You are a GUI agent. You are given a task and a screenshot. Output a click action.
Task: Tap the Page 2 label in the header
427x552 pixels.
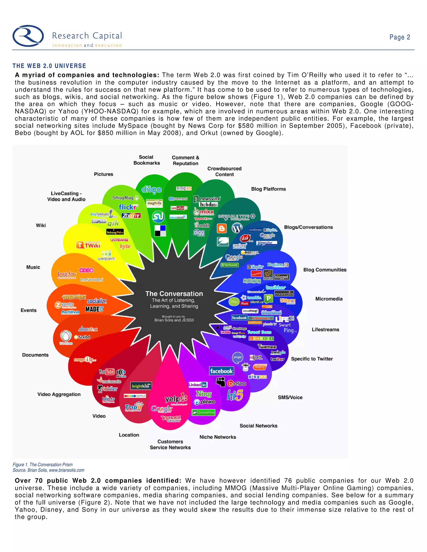coord(399,37)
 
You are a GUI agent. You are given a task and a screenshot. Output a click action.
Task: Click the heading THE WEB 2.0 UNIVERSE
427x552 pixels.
coord(49,66)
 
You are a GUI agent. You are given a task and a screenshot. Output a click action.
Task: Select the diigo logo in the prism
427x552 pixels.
coord(151,189)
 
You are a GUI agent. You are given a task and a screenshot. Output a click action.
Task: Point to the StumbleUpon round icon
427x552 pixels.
coord(158,217)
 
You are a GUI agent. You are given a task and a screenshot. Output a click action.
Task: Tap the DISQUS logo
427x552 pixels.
coord(184,188)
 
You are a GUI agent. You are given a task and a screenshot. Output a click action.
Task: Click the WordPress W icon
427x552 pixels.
coord(237,228)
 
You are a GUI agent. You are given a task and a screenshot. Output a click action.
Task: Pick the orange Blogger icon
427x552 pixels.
coord(222,228)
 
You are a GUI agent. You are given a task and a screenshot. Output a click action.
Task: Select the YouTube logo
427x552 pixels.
coord(107,372)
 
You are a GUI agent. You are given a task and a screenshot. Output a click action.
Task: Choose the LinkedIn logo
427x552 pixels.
coord(198,385)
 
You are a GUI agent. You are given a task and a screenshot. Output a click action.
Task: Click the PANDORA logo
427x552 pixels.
coord(92,280)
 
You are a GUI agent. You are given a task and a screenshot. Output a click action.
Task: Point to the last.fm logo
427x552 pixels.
coord(67,275)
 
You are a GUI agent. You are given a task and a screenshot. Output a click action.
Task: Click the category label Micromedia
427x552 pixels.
coord(329,299)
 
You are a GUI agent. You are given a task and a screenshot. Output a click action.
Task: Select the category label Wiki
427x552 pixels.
coord(41,225)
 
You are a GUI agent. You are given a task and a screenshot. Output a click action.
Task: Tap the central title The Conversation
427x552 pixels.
coord(174,294)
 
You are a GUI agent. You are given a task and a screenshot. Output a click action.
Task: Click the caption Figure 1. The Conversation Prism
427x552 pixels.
coord(43,465)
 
